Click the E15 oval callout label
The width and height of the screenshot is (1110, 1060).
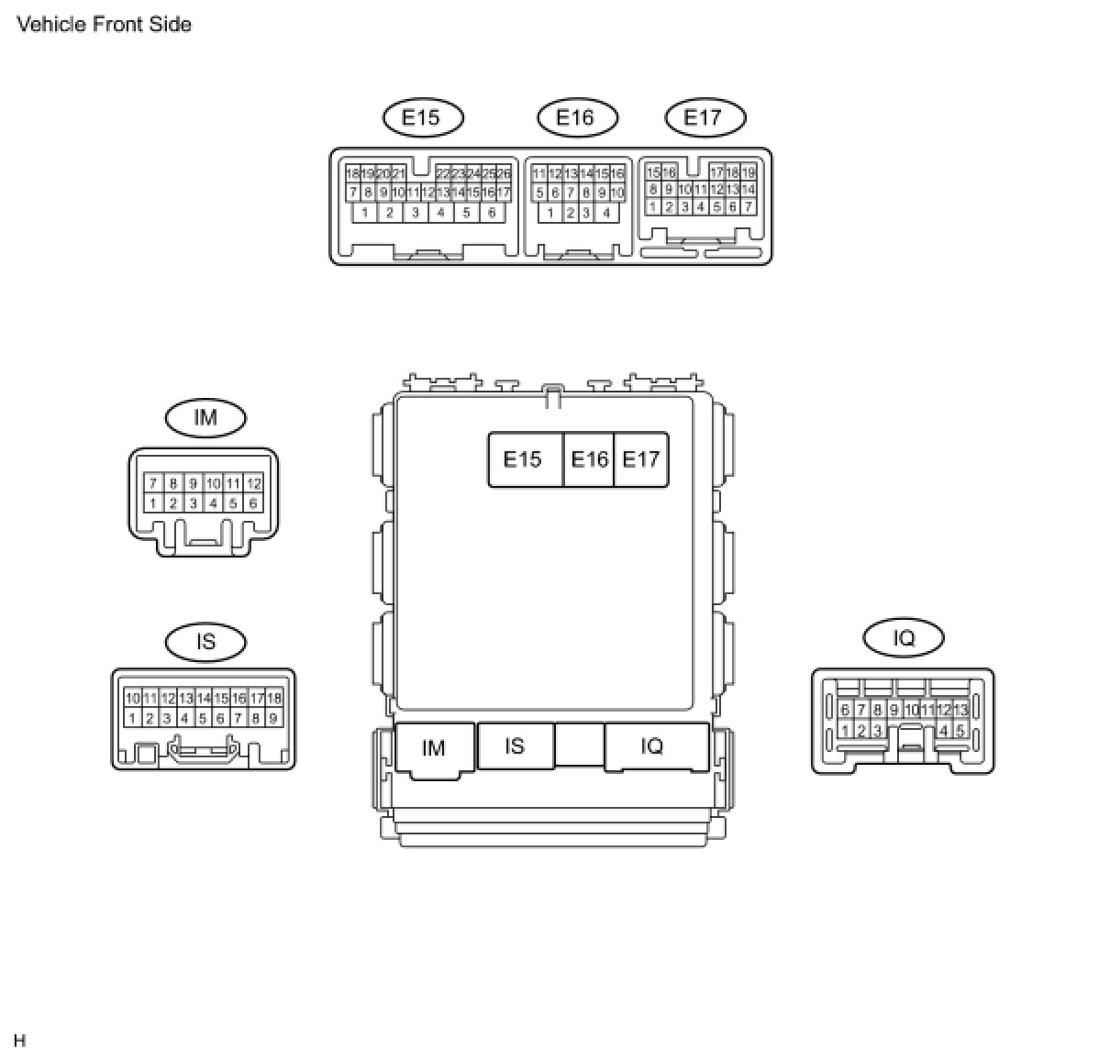[x=422, y=117]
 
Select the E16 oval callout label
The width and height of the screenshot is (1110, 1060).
[x=576, y=117]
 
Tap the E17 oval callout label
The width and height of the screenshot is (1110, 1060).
[x=704, y=117]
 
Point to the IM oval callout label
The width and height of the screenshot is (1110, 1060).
[x=205, y=418]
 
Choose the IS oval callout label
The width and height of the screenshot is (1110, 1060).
[x=205, y=642]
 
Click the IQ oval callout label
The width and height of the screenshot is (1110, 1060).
[x=904, y=638]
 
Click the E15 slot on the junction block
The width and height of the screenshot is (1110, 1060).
[x=523, y=459]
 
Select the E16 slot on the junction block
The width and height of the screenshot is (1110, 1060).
[x=589, y=459]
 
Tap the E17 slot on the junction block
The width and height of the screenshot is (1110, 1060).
[x=640, y=459]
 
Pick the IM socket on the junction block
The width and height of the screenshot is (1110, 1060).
[x=434, y=748]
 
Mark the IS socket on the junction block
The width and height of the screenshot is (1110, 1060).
[x=515, y=746]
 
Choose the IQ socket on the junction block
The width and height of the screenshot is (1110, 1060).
[x=652, y=746]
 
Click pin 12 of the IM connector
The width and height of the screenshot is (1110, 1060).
[x=254, y=483]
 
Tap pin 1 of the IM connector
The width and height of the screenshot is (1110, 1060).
[x=153, y=502]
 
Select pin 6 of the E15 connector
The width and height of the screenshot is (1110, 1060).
[x=492, y=213]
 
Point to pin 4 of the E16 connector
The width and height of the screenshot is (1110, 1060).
[x=606, y=213]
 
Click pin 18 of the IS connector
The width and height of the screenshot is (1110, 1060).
[x=274, y=699]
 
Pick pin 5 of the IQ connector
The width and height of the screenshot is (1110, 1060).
[x=960, y=731]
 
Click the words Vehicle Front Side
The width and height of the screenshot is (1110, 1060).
[x=105, y=25]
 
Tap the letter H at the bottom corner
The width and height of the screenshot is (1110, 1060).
[x=20, y=1041]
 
